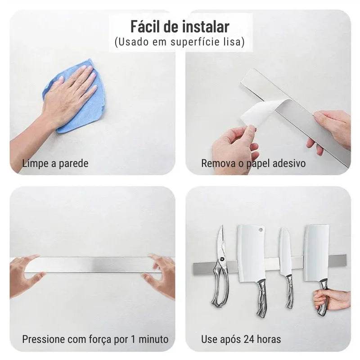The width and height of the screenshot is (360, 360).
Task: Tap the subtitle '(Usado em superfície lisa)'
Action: pos(180,42)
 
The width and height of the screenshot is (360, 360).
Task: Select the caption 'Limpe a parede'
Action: pos(55,163)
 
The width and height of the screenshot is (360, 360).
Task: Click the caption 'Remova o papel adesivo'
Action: pos(253,163)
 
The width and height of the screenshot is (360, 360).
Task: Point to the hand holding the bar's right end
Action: pos(331,128)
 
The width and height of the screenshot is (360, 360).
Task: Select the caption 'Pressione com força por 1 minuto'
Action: pos(95,339)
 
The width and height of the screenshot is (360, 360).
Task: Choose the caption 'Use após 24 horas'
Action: pos(241,339)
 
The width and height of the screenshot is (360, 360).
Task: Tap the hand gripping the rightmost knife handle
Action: pos(331,299)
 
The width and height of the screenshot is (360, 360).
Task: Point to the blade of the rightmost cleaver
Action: pos(316,252)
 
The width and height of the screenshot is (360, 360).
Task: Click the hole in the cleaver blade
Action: pos(260,229)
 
